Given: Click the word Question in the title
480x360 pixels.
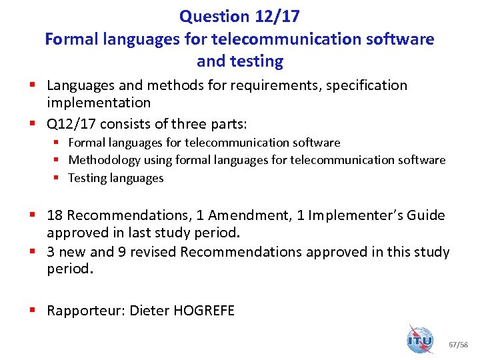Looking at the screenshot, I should pyautogui.click(x=210, y=16).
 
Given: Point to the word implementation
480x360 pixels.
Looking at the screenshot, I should pyautogui.click(x=99, y=103).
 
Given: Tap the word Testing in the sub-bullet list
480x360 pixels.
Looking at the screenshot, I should pyautogui.click(x=87, y=178).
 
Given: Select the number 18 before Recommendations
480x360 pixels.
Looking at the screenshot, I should pyautogui.click(x=55, y=215).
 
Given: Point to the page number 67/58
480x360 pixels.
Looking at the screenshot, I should pyautogui.click(x=459, y=345).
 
